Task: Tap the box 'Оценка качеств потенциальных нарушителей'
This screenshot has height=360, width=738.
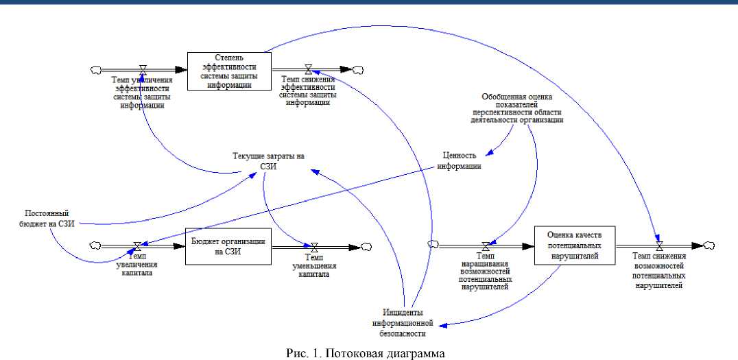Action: (x=575, y=245)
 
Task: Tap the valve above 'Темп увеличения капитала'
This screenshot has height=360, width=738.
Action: (x=138, y=246)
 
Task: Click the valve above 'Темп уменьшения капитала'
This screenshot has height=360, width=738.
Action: (x=314, y=246)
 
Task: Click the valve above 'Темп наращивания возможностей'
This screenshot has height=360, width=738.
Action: (x=486, y=245)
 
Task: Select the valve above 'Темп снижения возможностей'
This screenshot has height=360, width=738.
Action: (x=659, y=245)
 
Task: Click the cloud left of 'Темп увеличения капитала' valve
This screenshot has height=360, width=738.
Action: (x=96, y=246)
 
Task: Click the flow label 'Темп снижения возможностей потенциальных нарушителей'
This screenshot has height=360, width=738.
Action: (x=658, y=270)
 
